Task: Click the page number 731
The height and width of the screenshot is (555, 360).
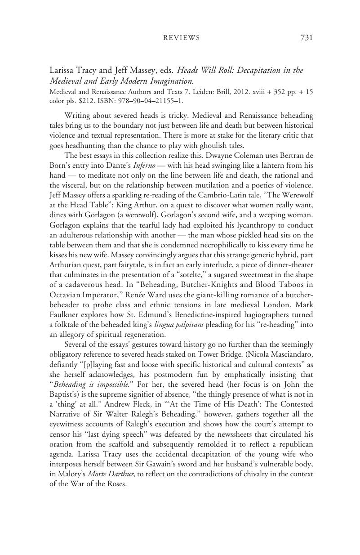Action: (x=306, y=38)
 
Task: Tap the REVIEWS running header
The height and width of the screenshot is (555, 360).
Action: (x=181, y=38)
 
